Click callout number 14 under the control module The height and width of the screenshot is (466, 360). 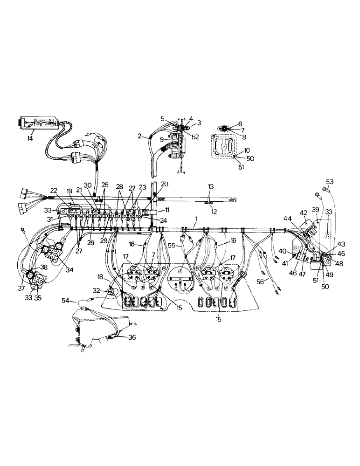(x=30, y=139)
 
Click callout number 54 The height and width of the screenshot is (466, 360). (x=66, y=302)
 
